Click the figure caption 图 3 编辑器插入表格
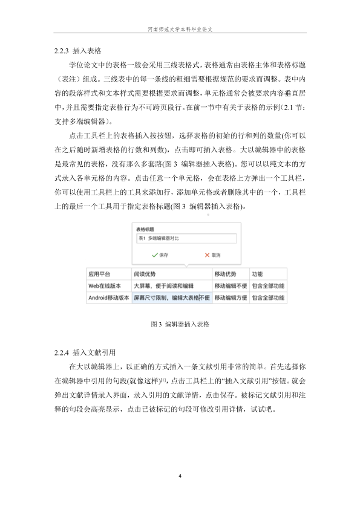(180, 324)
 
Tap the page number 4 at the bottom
(180, 476)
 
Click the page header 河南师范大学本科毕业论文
(180, 28)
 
